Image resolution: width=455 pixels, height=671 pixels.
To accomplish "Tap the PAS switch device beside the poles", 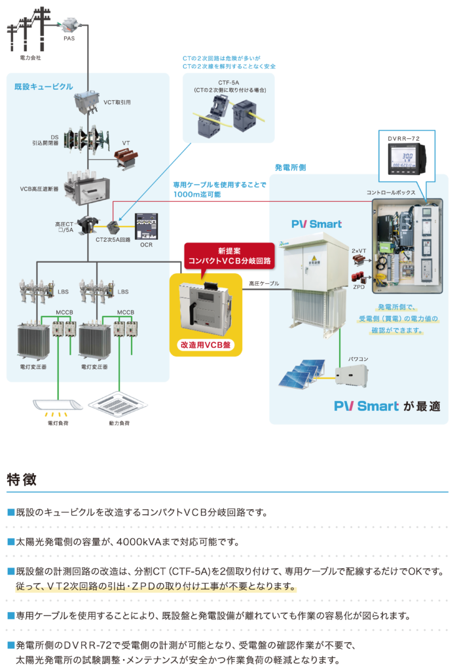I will click(x=69, y=27).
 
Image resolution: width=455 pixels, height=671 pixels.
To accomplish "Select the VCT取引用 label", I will click(x=117, y=102).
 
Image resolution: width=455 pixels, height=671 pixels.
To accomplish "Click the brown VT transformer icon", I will click(x=126, y=156).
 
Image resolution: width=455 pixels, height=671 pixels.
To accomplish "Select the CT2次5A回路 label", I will click(x=113, y=240).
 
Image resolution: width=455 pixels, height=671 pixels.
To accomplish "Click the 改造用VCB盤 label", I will click(x=206, y=345).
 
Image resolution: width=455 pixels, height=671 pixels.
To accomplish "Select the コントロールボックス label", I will click(x=391, y=193).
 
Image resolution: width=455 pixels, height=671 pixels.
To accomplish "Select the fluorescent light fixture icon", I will click(x=58, y=406).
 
